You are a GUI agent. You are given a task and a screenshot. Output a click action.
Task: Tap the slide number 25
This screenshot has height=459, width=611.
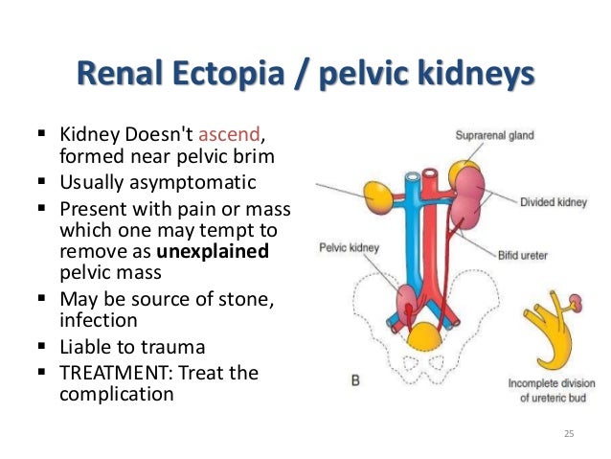569,436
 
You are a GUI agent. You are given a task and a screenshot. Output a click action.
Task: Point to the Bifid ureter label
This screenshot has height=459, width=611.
548,256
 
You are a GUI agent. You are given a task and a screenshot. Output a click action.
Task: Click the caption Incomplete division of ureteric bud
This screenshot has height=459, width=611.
545,387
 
